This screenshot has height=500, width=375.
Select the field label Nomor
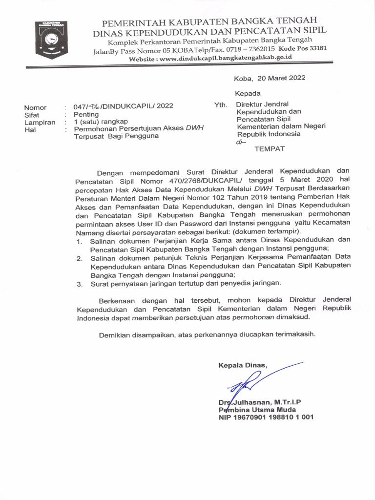tap(36, 107)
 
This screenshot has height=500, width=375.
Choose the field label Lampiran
tap(40, 123)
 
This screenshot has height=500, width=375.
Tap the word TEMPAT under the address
tap(270, 149)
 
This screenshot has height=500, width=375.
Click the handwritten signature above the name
tap(254, 380)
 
